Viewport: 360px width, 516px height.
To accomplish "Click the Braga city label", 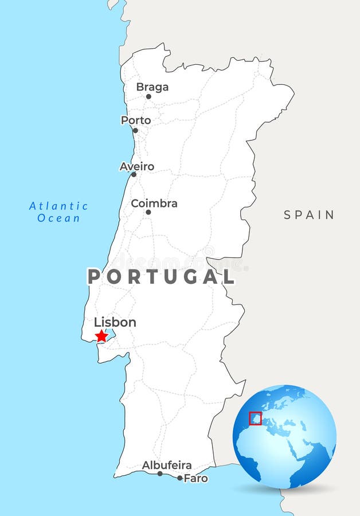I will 152,87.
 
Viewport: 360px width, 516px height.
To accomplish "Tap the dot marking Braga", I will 148,96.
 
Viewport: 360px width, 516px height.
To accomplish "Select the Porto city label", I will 136,120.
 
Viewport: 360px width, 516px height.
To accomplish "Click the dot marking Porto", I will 135,130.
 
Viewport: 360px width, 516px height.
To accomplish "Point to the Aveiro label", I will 136,167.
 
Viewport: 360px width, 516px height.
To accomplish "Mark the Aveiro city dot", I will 134,174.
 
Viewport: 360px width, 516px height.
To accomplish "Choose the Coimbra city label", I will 154,204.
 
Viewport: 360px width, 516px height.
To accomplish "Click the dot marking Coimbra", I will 148,212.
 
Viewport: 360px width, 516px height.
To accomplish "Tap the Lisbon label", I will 115,322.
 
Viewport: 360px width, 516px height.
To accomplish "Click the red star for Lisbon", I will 101,336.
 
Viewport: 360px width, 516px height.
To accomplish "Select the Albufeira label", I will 167,465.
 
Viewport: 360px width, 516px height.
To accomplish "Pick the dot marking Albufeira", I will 160,474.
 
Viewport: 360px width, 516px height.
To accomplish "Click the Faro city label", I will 195,478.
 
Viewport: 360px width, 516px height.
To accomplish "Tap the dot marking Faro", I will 179,478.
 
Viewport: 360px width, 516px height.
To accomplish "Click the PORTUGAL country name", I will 161,277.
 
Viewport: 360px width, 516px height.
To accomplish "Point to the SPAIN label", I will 309,215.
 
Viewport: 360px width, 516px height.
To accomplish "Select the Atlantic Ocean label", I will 58,212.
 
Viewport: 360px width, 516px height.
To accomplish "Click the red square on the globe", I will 255,419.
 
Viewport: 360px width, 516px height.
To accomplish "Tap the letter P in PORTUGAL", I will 93,277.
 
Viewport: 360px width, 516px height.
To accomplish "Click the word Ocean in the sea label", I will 58,218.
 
